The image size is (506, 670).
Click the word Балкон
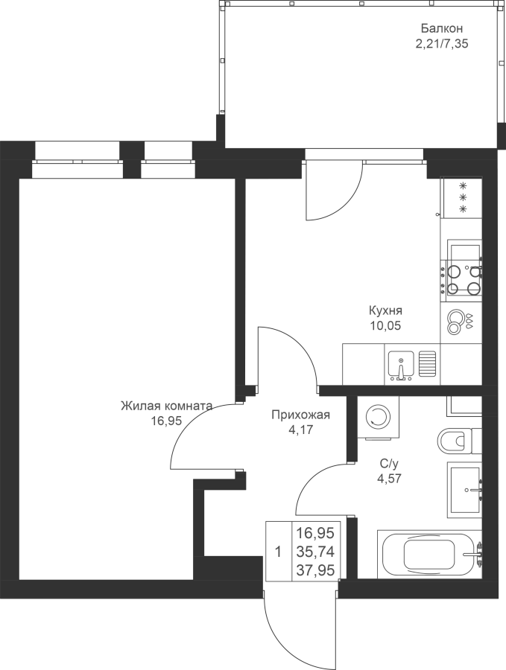(442, 28)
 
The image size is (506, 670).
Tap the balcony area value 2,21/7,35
(442, 44)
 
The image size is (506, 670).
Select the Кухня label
(386, 310)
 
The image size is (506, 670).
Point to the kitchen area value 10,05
(386, 326)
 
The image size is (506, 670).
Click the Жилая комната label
(166, 406)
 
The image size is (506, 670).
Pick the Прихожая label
(300, 415)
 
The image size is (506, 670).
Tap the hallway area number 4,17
(300, 430)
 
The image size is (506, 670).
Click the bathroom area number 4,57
(389, 479)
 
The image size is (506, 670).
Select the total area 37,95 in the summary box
(315, 570)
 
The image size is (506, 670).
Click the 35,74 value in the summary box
(315, 552)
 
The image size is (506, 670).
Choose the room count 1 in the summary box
(279, 552)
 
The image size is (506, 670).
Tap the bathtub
(430, 554)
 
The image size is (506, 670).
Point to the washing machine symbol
(378, 417)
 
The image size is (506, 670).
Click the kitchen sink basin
(401, 366)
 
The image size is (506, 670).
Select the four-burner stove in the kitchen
(464, 278)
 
